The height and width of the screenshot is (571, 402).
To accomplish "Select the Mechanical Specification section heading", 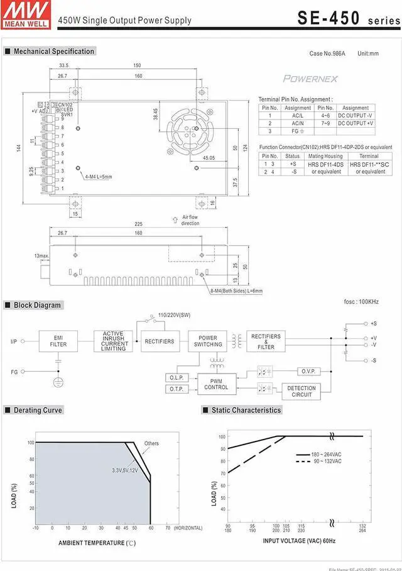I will point(53,52).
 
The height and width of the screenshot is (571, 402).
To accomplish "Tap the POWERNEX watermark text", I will point(310,79).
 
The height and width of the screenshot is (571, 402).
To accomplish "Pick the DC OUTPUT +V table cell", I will point(356,123).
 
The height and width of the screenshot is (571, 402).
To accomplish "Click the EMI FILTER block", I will point(58,341).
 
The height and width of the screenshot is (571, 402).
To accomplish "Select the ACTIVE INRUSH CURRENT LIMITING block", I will point(114,341).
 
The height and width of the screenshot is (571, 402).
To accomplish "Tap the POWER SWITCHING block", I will point(208,341).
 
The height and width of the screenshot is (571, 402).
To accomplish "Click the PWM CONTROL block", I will point(216,384).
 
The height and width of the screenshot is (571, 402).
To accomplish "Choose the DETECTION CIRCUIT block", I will point(301,392).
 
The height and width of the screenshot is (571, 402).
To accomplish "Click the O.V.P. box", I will point(307,372).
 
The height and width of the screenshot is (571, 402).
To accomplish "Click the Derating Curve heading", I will point(38,410).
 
